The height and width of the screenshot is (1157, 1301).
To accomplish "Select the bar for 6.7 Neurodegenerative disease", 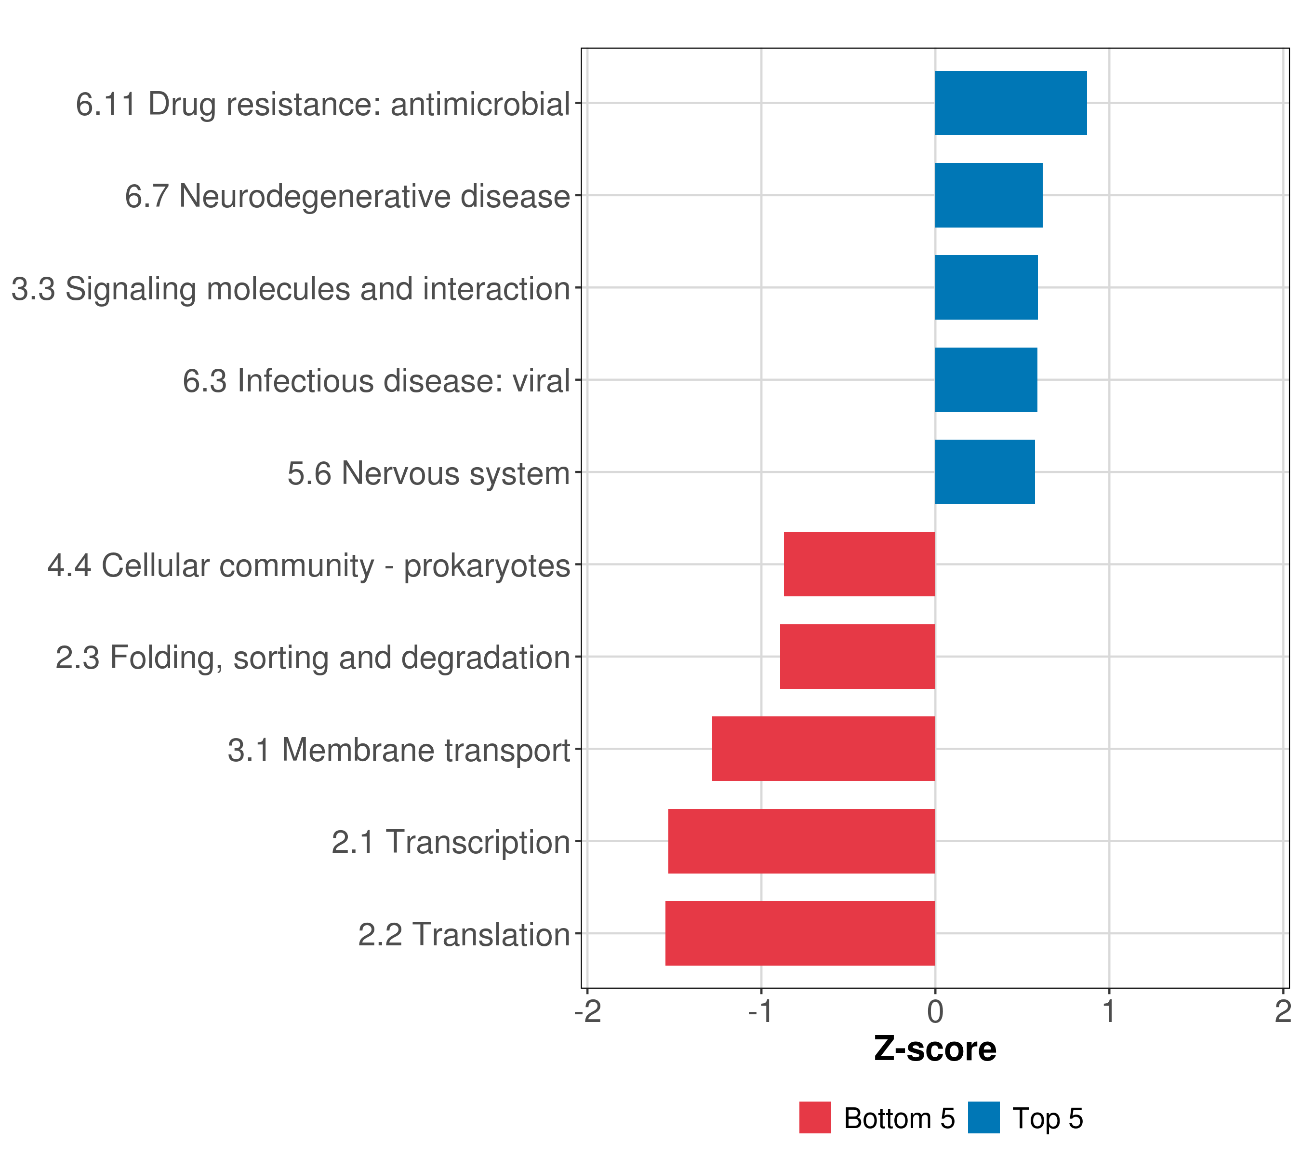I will click(x=988, y=196).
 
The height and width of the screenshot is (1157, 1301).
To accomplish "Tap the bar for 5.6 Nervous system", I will click(x=984, y=472).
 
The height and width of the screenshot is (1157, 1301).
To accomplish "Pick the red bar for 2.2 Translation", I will click(x=800, y=933).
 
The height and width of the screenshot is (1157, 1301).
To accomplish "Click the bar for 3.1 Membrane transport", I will click(x=823, y=749).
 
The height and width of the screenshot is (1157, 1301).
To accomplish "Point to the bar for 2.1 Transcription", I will click(x=801, y=841).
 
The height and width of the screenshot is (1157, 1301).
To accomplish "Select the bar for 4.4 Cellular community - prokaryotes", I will click(x=859, y=564).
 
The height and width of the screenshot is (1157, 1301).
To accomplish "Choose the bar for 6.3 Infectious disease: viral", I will click(x=985, y=380).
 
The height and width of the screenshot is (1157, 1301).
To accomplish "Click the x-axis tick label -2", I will click(x=587, y=1012).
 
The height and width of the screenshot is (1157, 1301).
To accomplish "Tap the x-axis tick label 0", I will click(x=935, y=1012).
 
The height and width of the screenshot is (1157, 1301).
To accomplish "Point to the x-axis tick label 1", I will click(x=1109, y=1012).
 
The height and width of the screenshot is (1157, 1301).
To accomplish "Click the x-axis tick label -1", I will click(x=761, y=1012).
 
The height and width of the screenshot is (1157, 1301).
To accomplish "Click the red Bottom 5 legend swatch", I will click(x=815, y=1117).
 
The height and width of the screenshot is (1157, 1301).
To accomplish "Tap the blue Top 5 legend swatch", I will click(x=983, y=1117).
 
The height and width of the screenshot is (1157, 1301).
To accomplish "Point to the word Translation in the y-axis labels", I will click(x=491, y=935).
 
